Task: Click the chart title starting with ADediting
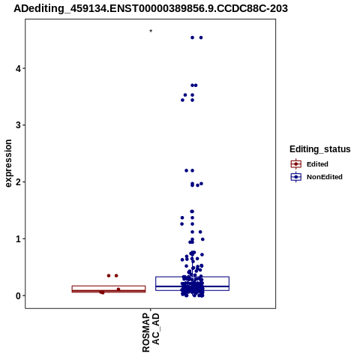(151, 8)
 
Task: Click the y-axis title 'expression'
(8, 163)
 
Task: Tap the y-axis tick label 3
(19, 125)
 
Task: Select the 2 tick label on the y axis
(19, 182)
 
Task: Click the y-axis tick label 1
(19, 238)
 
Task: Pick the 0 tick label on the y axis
(19, 295)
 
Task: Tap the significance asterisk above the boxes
(151, 31)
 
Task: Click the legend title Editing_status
(320, 149)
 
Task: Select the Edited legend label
(317, 164)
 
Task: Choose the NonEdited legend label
(325, 177)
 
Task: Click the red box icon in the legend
(296, 164)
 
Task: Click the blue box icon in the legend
(296, 177)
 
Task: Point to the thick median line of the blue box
(193, 286)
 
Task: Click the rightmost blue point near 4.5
(201, 37)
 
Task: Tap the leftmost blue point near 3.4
(182, 100)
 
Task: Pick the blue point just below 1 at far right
(202, 239)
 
